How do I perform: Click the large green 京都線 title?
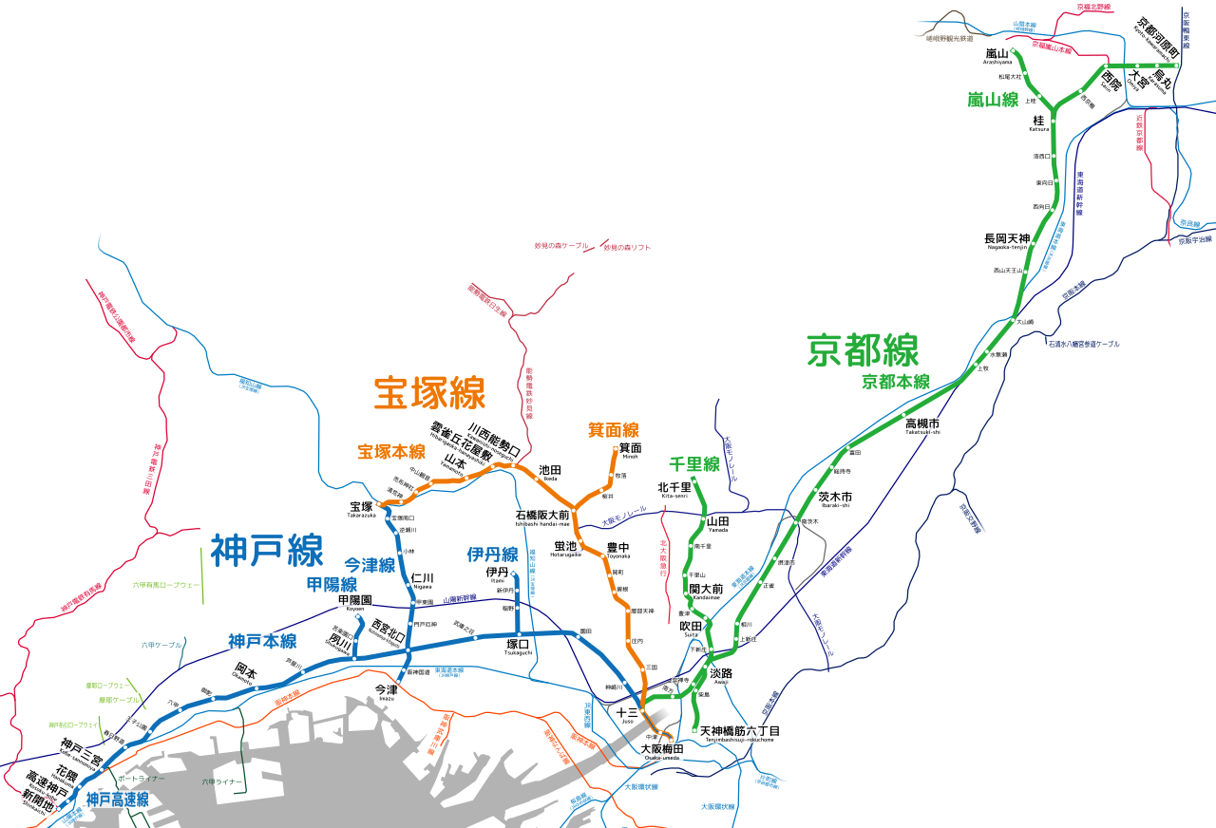coord(863,349)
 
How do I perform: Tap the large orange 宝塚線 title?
coord(429,392)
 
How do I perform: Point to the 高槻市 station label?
coord(921,423)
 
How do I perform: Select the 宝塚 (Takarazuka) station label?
coord(361,507)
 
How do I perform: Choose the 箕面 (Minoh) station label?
coord(630,447)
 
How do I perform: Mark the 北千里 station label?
coord(674,487)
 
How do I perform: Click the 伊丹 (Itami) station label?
coord(497,573)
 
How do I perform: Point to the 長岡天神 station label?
coord(1007,238)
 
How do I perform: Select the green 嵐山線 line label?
coord(993,99)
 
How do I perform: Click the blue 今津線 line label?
coord(370,565)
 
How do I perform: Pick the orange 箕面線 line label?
coord(613,430)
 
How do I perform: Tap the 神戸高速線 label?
coord(117,800)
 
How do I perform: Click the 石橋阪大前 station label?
coord(542,515)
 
